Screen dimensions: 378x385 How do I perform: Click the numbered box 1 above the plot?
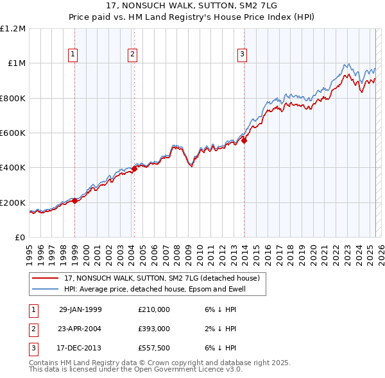(x=74, y=55)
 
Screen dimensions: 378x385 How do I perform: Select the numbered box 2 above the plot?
(x=132, y=55)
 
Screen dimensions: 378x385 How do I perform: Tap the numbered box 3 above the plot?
(x=243, y=55)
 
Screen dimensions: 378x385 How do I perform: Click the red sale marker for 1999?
(x=75, y=201)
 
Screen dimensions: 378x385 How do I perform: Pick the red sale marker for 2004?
(x=134, y=169)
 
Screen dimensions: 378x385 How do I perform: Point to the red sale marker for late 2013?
(x=244, y=140)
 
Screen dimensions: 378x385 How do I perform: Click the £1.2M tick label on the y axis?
(x=13, y=29)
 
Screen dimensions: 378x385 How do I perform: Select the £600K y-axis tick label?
(x=13, y=133)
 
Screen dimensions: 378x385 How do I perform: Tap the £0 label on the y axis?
(x=19, y=238)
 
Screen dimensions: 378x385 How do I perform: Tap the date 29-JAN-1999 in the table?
(x=80, y=309)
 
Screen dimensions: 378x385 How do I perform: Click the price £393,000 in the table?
(x=154, y=329)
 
